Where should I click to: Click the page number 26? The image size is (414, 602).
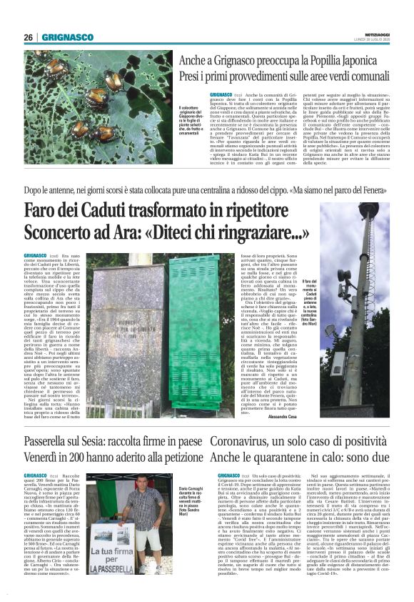pos(29,37)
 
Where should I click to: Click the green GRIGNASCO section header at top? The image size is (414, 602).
pos(67,37)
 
